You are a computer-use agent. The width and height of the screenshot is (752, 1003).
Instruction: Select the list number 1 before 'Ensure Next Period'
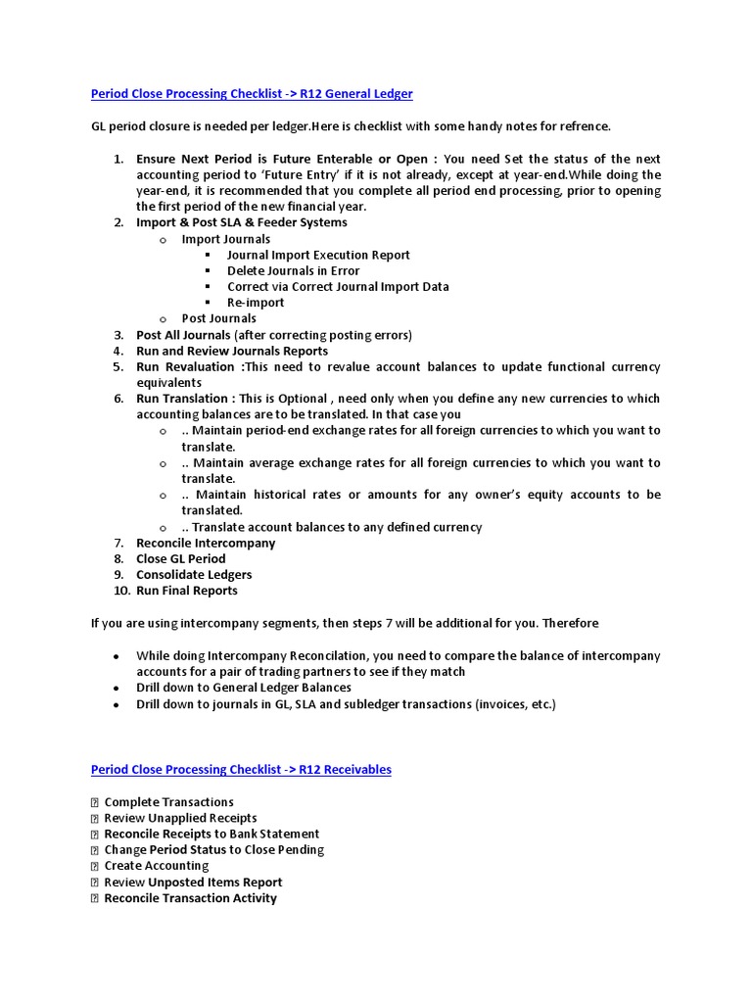tap(117, 159)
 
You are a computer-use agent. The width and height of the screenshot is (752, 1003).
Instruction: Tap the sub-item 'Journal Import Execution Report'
tap(318, 255)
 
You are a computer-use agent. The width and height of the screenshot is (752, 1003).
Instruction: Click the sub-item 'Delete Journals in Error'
tap(293, 270)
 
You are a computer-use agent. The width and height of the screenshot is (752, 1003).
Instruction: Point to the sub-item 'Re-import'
tap(256, 303)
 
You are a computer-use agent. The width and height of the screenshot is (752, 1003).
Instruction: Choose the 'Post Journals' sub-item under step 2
tap(218, 318)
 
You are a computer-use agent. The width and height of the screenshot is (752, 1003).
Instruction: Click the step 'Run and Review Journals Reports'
tap(232, 351)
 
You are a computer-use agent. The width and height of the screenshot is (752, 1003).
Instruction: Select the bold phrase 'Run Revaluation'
tap(187, 367)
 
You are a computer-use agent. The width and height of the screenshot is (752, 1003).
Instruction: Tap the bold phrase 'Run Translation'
tap(182, 399)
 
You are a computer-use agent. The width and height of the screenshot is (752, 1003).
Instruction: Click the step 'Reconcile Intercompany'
tap(206, 543)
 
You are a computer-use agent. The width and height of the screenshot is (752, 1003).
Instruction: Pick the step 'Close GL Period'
tap(180, 558)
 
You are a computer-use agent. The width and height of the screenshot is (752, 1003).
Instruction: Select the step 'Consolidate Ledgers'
tap(194, 575)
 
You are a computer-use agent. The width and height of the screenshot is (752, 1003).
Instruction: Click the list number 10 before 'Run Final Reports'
tap(120, 591)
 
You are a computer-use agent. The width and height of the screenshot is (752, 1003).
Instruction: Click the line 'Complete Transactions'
tap(168, 802)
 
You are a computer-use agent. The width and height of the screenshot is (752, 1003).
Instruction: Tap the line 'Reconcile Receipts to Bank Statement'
tap(211, 834)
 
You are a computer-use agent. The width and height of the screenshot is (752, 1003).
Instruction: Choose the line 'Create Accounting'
tap(157, 866)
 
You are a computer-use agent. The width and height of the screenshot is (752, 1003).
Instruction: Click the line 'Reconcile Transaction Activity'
tap(190, 898)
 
